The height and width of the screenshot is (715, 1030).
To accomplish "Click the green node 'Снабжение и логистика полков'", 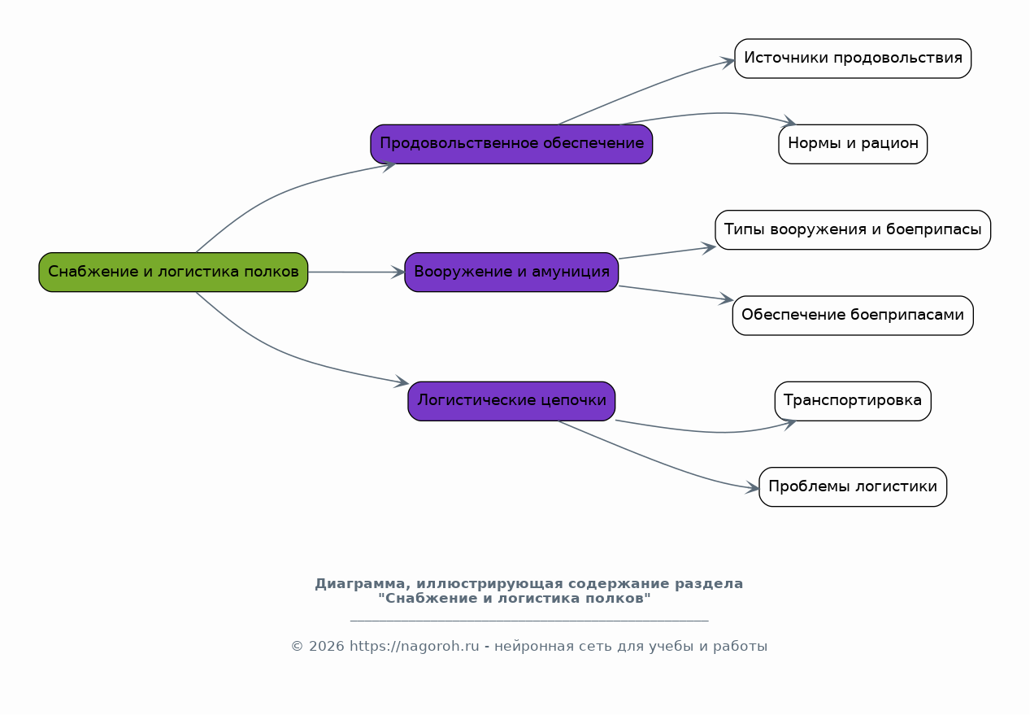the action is click(x=173, y=272).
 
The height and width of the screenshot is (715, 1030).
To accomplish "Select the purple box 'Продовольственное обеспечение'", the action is click(x=511, y=144).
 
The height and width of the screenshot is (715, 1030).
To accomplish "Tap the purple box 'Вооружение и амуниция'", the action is click(x=511, y=272).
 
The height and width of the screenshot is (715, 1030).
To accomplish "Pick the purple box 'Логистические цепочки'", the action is click(x=511, y=401).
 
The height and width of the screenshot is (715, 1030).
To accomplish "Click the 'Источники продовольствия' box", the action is click(x=853, y=59).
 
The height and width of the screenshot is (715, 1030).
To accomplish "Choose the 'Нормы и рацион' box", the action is click(x=853, y=144).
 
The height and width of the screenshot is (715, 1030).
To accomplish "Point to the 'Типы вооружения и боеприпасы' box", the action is click(x=853, y=229).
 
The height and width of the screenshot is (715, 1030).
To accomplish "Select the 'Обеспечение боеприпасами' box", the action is click(x=853, y=315).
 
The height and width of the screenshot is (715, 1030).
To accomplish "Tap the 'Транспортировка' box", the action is click(x=853, y=401).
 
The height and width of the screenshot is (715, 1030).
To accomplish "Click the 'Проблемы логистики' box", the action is click(x=853, y=486).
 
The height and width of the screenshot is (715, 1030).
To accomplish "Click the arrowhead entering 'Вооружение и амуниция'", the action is click(x=398, y=272).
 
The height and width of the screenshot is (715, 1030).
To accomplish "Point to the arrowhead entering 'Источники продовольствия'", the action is click(x=728, y=62).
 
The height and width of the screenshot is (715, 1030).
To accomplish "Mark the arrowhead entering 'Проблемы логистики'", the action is click(x=753, y=488).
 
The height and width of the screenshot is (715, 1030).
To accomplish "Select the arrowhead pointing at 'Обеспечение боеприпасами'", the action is click(x=727, y=299).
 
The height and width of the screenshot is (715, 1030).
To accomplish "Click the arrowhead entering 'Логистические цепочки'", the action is click(x=402, y=381).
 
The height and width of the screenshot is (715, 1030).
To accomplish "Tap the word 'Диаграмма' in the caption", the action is click(x=363, y=584).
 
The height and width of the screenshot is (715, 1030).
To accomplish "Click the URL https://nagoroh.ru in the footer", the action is click(x=415, y=647).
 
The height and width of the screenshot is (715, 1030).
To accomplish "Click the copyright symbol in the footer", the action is click(x=297, y=647).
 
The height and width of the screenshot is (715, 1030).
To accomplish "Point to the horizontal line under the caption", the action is click(x=529, y=621).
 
